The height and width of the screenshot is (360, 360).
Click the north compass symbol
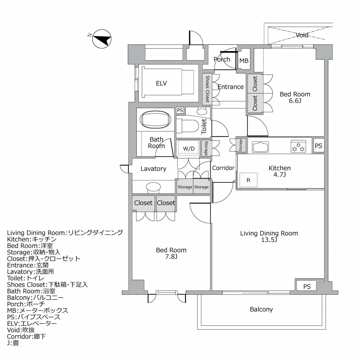102,39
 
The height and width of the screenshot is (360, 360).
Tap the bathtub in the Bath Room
156,120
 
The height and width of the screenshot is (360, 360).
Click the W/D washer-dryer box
189,148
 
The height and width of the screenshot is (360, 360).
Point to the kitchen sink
260,147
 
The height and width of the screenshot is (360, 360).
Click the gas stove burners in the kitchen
298,146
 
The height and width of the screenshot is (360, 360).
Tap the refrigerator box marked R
248,180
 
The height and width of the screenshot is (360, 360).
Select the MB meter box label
244,60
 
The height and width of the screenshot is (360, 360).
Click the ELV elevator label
161,84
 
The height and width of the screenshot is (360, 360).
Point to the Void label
302,35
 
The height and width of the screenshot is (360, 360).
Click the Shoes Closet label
207,89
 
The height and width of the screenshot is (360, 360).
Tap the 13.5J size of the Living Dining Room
269,240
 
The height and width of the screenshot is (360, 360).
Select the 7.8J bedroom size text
171,256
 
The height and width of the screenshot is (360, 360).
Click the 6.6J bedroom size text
295,100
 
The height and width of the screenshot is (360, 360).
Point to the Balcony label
261,310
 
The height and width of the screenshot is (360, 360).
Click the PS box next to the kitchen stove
319,145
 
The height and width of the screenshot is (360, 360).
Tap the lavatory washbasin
153,186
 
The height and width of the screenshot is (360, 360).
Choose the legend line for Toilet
26,278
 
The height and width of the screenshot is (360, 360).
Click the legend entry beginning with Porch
26,304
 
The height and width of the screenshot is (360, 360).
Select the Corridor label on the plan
223,168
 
